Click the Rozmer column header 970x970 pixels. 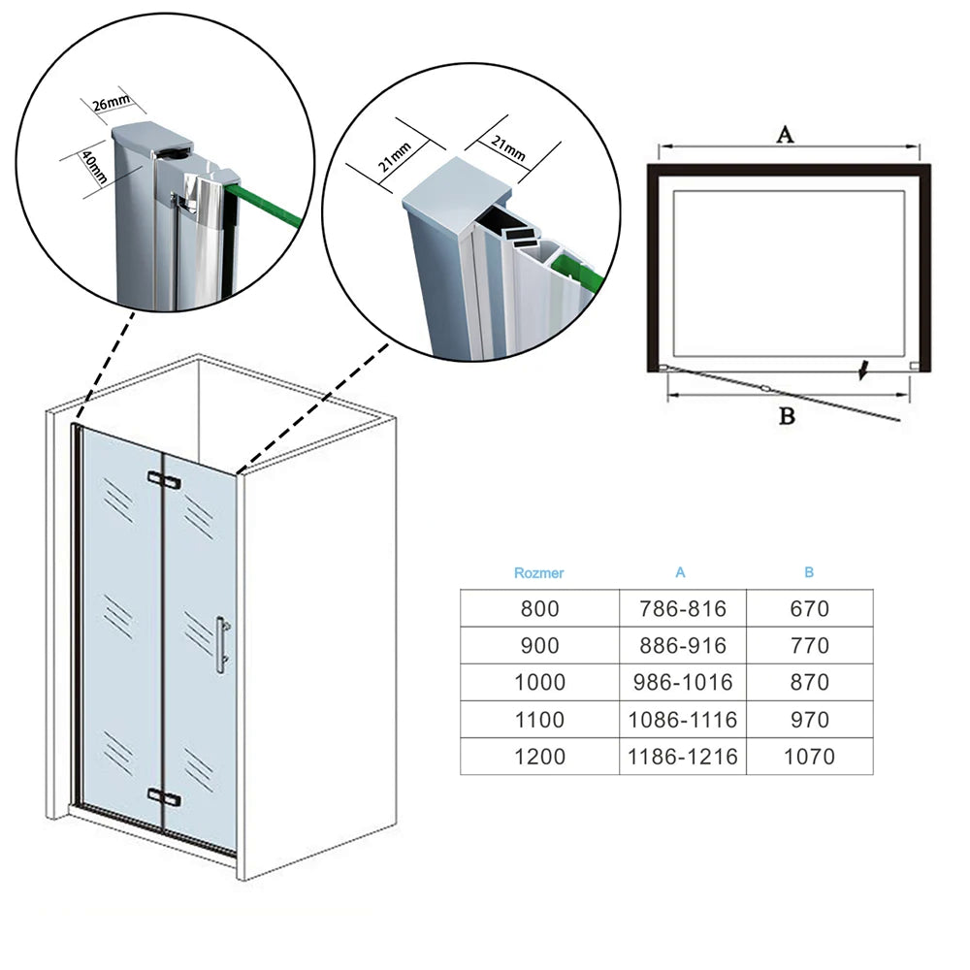click(538, 572)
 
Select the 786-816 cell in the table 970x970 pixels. click(682, 608)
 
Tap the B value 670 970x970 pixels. click(809, 608)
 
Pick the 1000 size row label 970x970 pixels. click(539, 682)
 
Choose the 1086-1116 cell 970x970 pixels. click(682, 720)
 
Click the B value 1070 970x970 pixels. click(809, 757)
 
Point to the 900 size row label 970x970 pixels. click(539, 645)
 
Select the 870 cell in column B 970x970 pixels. click(809, 682)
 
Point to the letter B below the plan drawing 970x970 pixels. click(788, 417)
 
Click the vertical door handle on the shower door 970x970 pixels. click(222, 643)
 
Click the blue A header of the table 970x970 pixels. click(680, 572)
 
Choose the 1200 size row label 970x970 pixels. click(539, 757)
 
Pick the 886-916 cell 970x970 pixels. click(682, 645)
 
